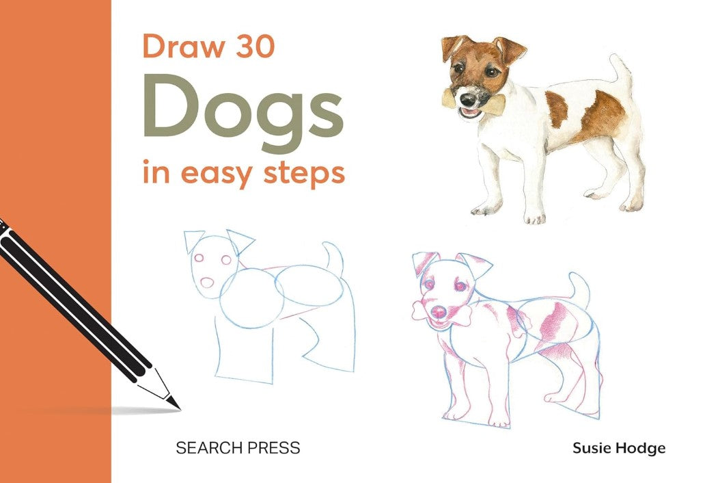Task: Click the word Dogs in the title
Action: click(x=244, y=113)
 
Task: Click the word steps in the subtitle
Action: click(x=303, y=173)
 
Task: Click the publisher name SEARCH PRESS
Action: click(x=238, y=447)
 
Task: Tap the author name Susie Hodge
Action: click(x=619, y=448)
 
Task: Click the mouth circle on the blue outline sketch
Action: click(x=207, y=283)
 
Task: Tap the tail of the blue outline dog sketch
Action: click(x=333, y=258)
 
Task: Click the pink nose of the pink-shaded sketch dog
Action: click(x=439, y=313)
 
